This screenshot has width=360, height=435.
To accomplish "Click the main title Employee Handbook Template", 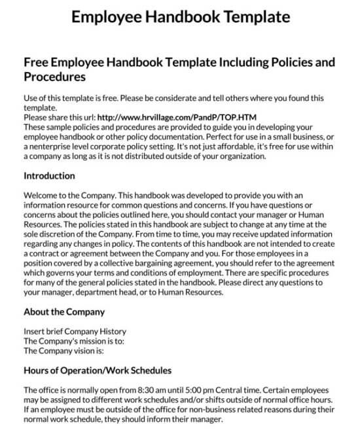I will [x=179, y=16].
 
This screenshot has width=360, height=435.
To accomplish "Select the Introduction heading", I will [x=49, y=176].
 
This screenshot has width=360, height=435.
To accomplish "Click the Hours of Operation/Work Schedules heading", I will [x=98, y=370].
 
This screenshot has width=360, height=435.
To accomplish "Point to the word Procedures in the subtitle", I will [x=54, y=77].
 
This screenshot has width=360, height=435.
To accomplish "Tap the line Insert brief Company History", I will [x=75, y=331].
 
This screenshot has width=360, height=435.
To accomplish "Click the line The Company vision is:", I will [x=63, y=351].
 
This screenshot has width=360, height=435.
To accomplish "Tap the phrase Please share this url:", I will [x=58, y=117].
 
